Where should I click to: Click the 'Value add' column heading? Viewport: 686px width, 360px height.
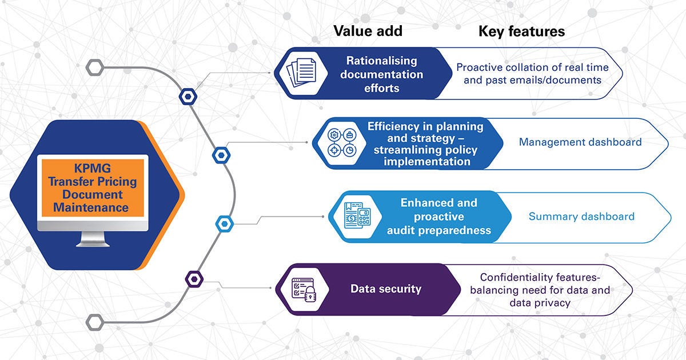[368, 31]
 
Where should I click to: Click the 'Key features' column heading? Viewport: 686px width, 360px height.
[521, 31]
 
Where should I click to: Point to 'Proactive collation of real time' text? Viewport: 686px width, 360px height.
[532, 67]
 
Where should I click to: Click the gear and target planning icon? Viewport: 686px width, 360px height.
[341, 143]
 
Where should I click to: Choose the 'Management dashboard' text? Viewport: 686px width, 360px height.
[580, 142]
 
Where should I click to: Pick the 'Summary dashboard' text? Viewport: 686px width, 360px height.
[581, 217]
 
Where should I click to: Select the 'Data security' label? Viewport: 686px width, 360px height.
[385, 289]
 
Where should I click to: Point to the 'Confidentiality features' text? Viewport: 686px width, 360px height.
[540, 278]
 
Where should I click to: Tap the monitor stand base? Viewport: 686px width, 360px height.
[93, 243]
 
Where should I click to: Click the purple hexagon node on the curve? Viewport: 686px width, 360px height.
[195, 279]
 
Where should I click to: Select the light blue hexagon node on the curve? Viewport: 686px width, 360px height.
[224, 223]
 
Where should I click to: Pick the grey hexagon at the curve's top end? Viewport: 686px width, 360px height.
[94, 67]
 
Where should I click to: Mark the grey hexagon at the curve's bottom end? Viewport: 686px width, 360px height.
[94, 322]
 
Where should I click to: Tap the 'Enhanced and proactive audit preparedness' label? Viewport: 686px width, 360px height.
[438, 217]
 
